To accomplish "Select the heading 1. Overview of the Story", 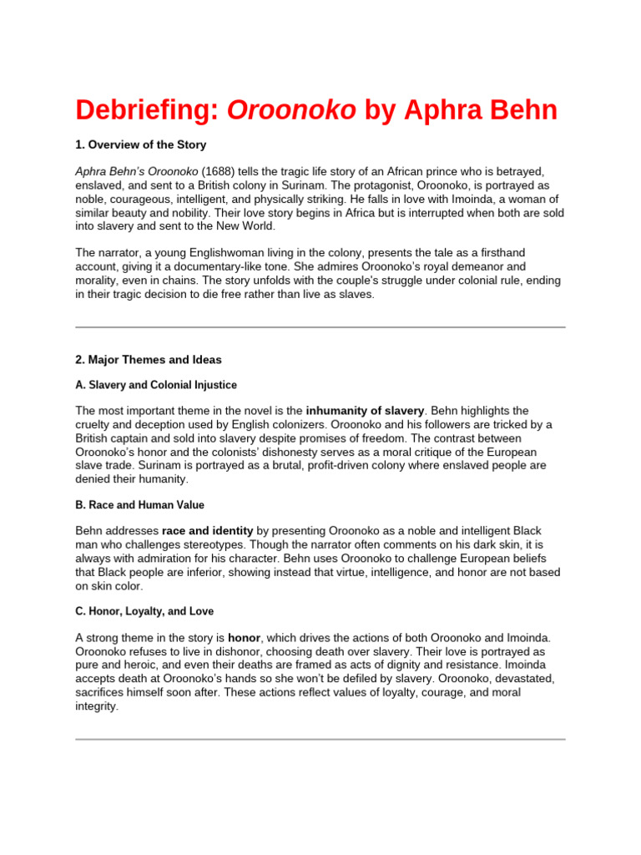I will [x=141, y=144].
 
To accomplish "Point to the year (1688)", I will [x=219, y=171].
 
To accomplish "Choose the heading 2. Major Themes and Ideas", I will [x=149, y=359].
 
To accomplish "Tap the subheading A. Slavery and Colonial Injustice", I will [x=156, y=385].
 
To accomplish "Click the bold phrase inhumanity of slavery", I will [x=366, y=411].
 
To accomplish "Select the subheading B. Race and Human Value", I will [x=139, y=505].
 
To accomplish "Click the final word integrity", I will [x=97, y=706].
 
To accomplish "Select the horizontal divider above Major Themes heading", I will [x=320, y=326].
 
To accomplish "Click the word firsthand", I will [x=515, y=252].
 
